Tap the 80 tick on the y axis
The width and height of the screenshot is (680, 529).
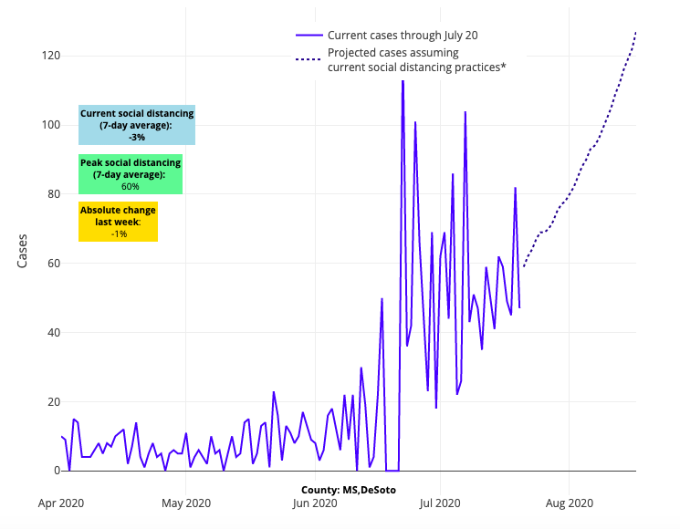(52, 193)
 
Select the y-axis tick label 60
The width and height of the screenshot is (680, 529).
(52, 263)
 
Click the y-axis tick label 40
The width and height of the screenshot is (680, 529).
(52, 332)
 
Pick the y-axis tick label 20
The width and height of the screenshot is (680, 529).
(52, 401)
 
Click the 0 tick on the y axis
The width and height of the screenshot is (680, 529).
(56, 471)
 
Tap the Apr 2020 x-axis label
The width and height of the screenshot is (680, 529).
(60, 503)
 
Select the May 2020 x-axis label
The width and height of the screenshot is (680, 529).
(186, 503)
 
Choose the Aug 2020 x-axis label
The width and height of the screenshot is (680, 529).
(570, 503)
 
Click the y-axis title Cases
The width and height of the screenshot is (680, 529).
(23, 251)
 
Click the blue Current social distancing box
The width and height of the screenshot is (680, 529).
(137, 125)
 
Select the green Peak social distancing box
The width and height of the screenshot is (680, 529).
(130, 174)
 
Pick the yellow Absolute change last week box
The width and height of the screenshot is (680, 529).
(118, 222)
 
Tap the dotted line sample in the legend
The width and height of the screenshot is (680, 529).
(308, 60)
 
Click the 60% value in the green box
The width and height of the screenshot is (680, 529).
(130, 186)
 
